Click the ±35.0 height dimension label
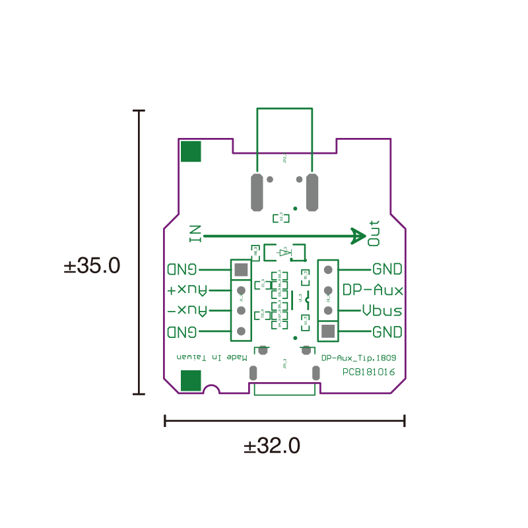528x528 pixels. pos(92,266)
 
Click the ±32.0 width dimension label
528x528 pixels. pos(272,446)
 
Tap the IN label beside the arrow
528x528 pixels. pos(195,234)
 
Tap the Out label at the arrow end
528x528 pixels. pos(374,233)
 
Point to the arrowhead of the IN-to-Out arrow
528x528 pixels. pos(358,236)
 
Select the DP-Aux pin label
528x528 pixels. pos(373,290)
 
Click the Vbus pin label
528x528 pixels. pos(382,310)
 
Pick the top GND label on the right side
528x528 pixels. pos(387,269)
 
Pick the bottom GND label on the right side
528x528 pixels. pos(387,331)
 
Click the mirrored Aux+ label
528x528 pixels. pos(187,290)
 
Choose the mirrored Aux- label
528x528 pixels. pos(187,310)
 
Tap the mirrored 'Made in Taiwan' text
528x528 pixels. pos(212,357)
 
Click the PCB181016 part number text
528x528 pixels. pos(368,372)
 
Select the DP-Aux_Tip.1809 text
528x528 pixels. pos(358,358)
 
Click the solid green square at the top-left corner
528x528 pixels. pos(191,151)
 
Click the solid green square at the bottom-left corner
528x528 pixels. pos(191,381)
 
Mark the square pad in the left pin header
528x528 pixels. pos(241,269)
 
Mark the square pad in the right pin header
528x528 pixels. pos(328,331)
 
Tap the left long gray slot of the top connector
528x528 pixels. pos(256,192)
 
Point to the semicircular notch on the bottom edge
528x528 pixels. pos(211,390)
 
